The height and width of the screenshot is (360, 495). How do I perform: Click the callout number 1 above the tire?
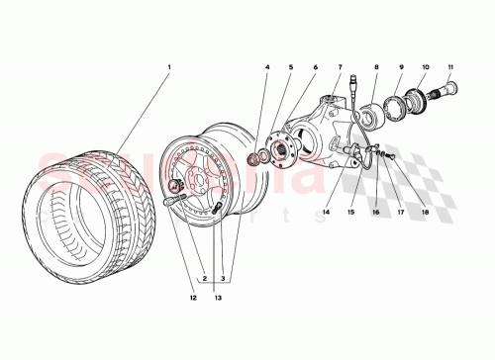(169, 68)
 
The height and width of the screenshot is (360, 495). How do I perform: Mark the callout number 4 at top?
(266, 67)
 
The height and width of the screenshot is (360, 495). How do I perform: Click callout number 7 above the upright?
(339, 67)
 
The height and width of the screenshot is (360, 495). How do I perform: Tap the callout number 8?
(376, 67)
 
